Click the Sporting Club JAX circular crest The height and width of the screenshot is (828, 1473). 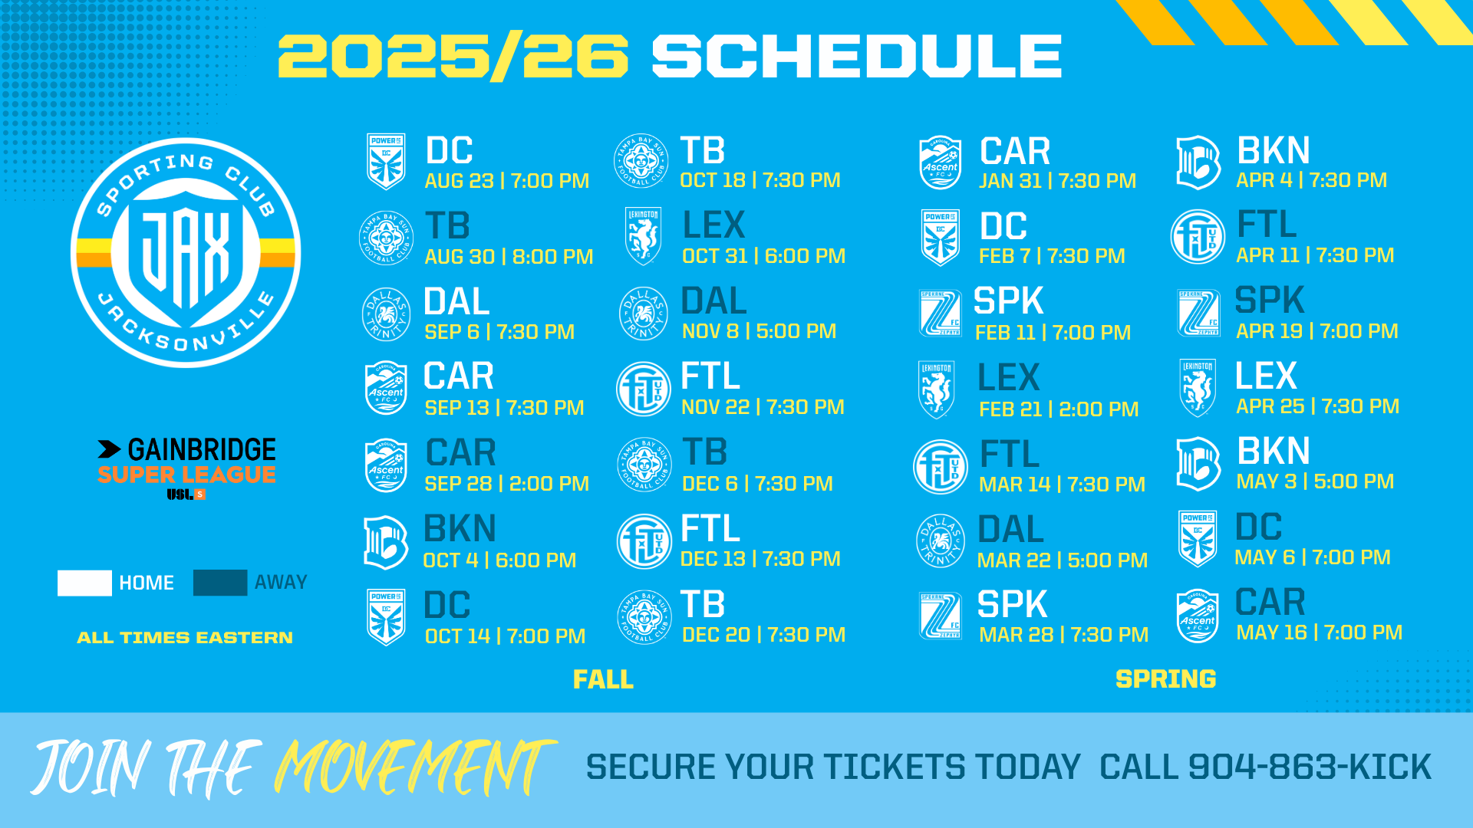(x=186, y=253)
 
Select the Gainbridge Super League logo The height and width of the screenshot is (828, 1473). (x=186, y=468)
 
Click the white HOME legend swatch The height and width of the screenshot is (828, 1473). (x=84, y=583)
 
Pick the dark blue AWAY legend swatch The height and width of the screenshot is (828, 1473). (x=220, y=583)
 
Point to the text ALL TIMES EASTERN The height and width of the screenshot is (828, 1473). (x=185, y=638)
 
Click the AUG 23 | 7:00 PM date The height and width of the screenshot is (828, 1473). (x=507, y=181)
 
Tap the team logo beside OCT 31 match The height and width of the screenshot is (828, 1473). (x=643, y=236)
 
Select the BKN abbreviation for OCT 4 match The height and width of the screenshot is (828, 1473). (x=460, y=528)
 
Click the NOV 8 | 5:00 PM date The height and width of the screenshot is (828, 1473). (x=760, y=331)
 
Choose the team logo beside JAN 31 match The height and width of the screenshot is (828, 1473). (x=941, y=163)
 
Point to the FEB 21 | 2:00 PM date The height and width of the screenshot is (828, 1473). (x=1059, y=409)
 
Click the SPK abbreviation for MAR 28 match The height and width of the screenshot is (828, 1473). (x=1013, y=604)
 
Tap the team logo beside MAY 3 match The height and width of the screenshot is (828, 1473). (x=1198, y=464)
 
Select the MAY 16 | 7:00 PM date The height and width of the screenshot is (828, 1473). (x=1320, y=632)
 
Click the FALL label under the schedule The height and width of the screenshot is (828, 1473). (x=604, y=679)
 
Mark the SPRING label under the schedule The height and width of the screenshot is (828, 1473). (x=1166, y=679)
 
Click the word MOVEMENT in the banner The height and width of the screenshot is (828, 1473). (x=414, y=767)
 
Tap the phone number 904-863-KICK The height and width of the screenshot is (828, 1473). (x=1310, y=767)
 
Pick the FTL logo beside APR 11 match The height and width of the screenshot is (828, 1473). (x=1198, y=237)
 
